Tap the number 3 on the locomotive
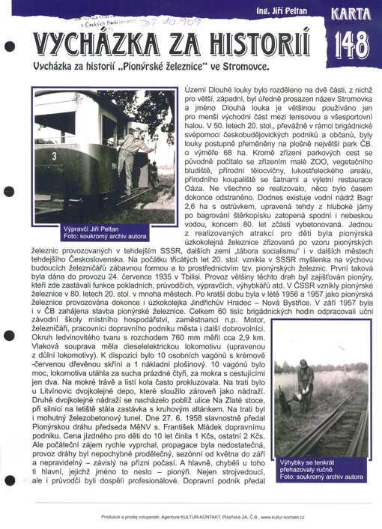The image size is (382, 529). click(55, 155)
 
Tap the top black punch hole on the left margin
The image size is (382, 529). click(10, 45)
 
